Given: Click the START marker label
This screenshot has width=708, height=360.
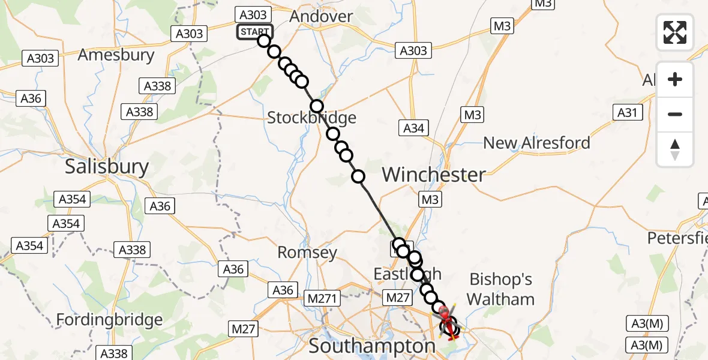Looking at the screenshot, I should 255,32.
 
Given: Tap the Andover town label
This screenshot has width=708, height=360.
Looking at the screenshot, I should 321,16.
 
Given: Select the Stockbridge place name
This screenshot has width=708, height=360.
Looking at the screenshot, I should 311,118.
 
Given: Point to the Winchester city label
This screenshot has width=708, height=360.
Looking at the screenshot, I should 433,175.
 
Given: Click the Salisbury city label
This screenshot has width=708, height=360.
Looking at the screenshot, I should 106,166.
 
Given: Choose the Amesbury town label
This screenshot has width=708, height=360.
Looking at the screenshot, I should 116,55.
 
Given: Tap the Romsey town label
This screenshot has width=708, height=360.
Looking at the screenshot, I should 307,253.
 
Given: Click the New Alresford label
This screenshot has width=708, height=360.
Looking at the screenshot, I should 536,143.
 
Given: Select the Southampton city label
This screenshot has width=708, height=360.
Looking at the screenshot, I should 372,346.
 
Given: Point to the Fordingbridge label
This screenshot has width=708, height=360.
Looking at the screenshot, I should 109,320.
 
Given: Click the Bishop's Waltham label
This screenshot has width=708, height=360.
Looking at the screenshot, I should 500,289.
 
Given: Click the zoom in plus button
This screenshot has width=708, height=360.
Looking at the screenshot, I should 675,79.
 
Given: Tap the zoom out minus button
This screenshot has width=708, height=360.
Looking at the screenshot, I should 675,114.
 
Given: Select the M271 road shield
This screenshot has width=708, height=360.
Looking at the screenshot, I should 323,298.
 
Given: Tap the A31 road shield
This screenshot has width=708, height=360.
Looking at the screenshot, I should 627,112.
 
